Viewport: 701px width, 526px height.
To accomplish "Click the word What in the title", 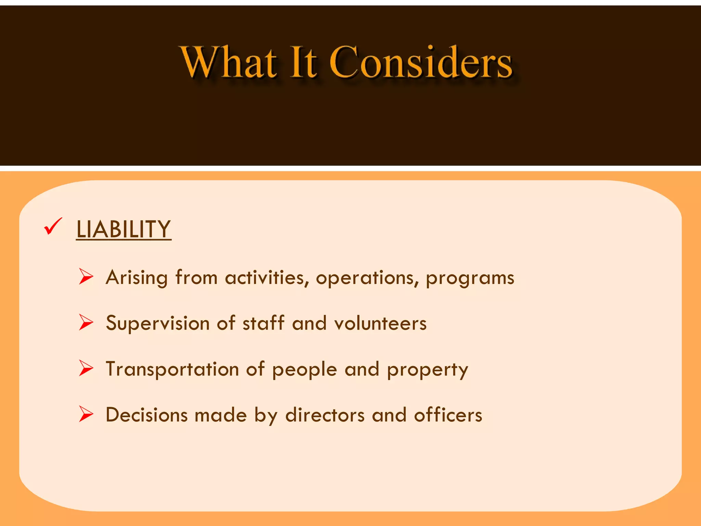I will point(229,62).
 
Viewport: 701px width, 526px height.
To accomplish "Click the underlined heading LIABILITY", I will point(124,229).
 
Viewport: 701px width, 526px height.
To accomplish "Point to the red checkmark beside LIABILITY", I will point(53,227).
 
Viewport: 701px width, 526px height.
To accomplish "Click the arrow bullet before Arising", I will point(86,277).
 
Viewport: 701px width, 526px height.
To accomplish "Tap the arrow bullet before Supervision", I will point(86,323).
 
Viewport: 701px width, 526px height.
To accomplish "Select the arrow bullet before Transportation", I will point(86,368).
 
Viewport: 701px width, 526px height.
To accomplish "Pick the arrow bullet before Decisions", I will point(86,414).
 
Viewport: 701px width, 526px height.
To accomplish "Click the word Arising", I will point(137,277).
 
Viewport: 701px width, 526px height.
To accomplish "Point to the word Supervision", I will point(157,323).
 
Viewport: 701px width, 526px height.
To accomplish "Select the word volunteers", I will point(380,323).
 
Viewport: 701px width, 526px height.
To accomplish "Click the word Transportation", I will point(172,369).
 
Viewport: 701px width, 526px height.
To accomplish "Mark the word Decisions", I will point(146,415).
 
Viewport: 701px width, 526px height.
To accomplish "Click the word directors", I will point(325,415).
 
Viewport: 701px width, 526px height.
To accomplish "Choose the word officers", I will point(448,415).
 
